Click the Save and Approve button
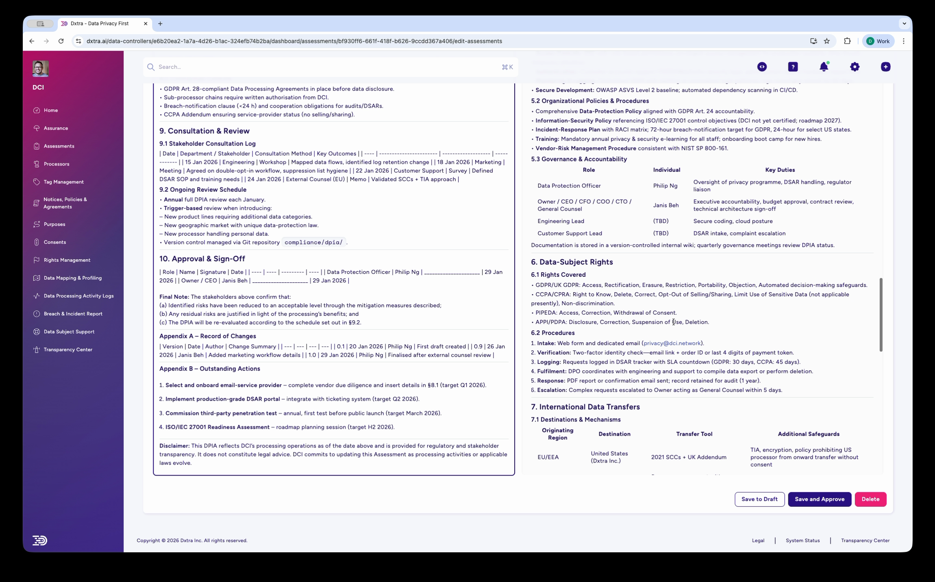819,499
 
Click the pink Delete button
870,499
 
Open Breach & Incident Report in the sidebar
73,314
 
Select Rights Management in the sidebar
67,260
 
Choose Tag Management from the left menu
63,182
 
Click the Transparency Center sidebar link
68,350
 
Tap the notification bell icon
824,67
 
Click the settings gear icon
855,67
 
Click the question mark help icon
793,67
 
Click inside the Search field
325,67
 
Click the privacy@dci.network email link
672,343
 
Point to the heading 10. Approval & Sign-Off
202,259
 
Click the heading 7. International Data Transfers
585,407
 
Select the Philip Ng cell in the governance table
665,186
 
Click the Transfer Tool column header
694,434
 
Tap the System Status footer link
802,541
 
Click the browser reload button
61,41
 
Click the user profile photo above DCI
41,69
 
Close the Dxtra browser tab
146,24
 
